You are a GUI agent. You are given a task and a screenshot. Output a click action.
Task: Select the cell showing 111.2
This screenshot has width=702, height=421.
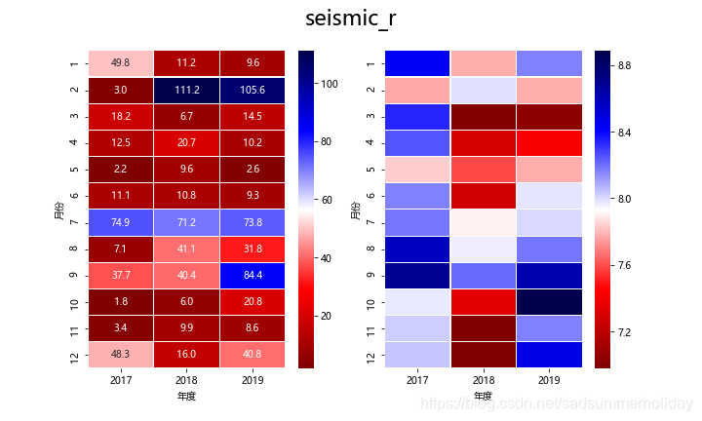tap(187, 90)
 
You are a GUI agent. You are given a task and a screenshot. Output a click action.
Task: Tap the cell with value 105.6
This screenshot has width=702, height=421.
tap(253, 90)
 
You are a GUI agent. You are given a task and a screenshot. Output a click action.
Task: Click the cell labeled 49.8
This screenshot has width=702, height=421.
tap(121, 63)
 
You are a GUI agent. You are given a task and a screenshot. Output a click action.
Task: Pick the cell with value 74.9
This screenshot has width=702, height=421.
tap(121, 222)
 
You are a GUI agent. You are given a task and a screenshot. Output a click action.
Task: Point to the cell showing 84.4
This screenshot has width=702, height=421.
tap(253, 275)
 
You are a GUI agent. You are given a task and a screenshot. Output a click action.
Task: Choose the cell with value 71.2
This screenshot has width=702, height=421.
tap(187, 222)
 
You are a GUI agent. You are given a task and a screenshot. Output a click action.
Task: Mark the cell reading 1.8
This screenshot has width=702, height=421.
tap(121, 301)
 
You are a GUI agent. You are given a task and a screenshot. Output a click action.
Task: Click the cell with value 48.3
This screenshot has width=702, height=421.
tap(121, 355)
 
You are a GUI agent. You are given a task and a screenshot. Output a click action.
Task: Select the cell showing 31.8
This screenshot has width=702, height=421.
tap(253, 249)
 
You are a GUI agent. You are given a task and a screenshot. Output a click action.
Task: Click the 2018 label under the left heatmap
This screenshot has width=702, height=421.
tap(187, 380)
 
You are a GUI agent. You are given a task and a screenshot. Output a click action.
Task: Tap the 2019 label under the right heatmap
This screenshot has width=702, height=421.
tap(549, 380)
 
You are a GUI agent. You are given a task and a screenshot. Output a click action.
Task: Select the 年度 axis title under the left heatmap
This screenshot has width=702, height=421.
tap(187, 396)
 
